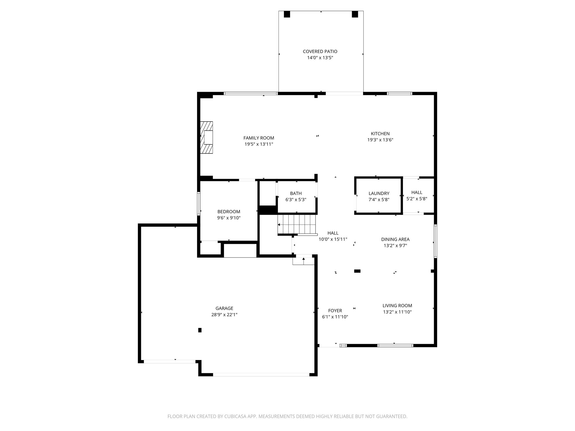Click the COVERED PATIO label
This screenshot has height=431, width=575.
[320, 51]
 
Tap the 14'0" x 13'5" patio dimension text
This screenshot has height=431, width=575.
[320, 58]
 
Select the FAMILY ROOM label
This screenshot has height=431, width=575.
[259, 138]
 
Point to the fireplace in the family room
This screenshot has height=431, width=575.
[206, 137]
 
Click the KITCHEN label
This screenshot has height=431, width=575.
[380, 134]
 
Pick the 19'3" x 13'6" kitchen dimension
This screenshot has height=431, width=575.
[380, 140]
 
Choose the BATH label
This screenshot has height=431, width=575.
[296, 193]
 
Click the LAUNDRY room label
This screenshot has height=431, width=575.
[379, 193]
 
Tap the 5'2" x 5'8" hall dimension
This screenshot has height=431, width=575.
[417, 199]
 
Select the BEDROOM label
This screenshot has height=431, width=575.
[229, 212]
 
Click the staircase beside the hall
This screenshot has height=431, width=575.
[297, 224]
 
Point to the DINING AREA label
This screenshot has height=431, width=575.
[395, 239]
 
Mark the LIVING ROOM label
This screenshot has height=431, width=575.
[397, 306]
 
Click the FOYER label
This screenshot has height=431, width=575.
[335, 311]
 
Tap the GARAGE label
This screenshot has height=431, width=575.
[224, 308]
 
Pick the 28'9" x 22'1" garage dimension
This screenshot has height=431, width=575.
[224, 315]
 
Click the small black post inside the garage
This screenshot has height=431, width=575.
[200, 330]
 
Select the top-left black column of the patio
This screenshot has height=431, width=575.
[287, 14]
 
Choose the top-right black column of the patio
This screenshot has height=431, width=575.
[355, 14]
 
